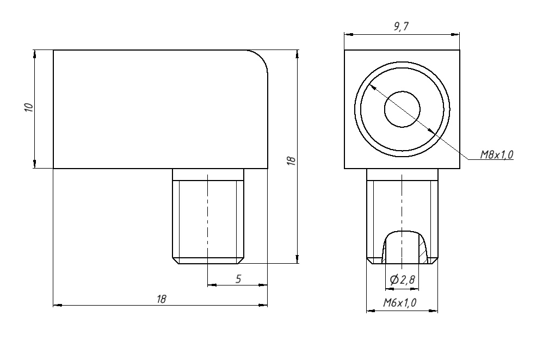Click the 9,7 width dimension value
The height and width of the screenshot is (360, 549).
tap(401, 26)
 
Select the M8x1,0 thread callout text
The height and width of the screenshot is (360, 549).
tap(496, 154)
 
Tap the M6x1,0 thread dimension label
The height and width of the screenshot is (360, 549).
tap(400, 302)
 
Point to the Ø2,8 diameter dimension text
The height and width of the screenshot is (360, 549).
tap(402, 280)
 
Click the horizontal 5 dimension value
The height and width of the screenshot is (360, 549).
tap(238, 279)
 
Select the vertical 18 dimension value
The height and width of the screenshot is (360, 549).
tap(291, 160)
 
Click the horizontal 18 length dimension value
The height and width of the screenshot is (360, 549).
tap(161, 299)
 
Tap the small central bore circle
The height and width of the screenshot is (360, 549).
tap(402, 109)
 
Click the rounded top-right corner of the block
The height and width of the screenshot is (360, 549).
tap(262, 57)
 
